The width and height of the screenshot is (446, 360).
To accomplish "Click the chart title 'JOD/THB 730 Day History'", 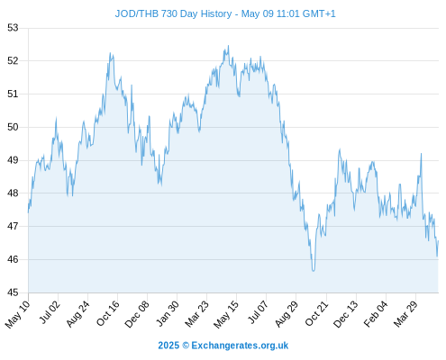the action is pyautogui.click(x=173, y=13).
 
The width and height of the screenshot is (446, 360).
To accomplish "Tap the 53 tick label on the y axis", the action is pyautogui.click(x=13, y=28).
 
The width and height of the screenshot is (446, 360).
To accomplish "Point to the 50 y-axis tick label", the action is pyautogui.click(x=13, y=127).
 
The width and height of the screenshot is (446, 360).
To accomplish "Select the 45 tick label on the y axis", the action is pyautogui.click(x=13, y=292).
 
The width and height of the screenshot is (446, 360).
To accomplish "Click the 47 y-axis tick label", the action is pyautogui.click(x=13, y=226).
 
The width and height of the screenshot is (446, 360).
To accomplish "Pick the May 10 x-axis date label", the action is pyautogui.click(x=18, y=314).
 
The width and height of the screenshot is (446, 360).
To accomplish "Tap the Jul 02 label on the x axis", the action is pyautogui.click(x=50, y=312).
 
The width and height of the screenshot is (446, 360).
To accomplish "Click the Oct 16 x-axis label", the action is pyautogui.click(x=108, y=313).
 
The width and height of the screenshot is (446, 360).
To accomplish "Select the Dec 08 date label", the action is pyautogui.click(x=137, y=314).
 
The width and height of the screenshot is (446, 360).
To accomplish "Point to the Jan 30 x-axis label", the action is pyautogui.click(x=168, y=313).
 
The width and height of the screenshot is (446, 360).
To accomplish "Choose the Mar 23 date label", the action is pyautogui.click(x=196, y=314).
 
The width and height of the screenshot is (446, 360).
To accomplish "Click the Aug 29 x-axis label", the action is pyautogui.click(x=287, y=313).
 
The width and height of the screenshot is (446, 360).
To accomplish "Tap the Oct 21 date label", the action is pyautogui.click(x=317, y=313).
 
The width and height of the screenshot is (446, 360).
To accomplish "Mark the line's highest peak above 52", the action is pyautogui.click(x=229, y=46).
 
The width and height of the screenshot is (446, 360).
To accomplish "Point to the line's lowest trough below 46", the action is pyautogui.click(x=314, y=271).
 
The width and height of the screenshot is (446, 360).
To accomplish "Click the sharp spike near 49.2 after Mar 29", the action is pyautogui.click(x=422, y=154).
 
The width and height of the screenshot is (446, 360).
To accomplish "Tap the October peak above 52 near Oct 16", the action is pyautogui.click(x=110, y=53).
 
